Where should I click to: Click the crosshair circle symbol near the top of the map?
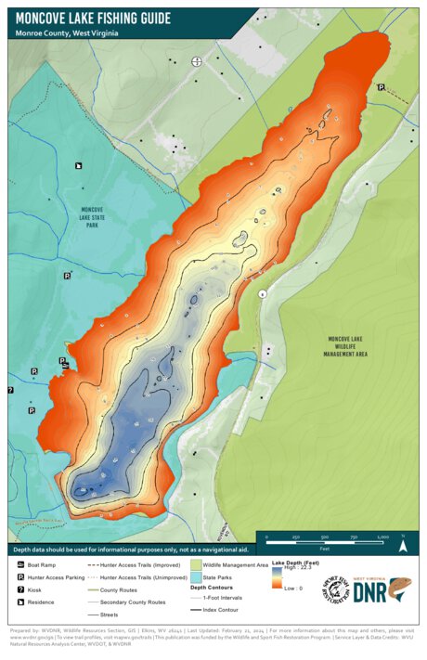pos(196,61)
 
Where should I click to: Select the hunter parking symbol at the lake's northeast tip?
pos(381,86)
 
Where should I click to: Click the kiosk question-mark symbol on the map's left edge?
pos(9,391)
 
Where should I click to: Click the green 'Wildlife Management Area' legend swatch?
pos(196,564)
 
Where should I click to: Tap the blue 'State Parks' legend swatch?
pos(196,576)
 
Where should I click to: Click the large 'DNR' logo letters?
pos(369,592)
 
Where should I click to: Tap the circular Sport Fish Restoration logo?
pos(334,589)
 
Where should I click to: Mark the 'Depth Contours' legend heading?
pos(211,588)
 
